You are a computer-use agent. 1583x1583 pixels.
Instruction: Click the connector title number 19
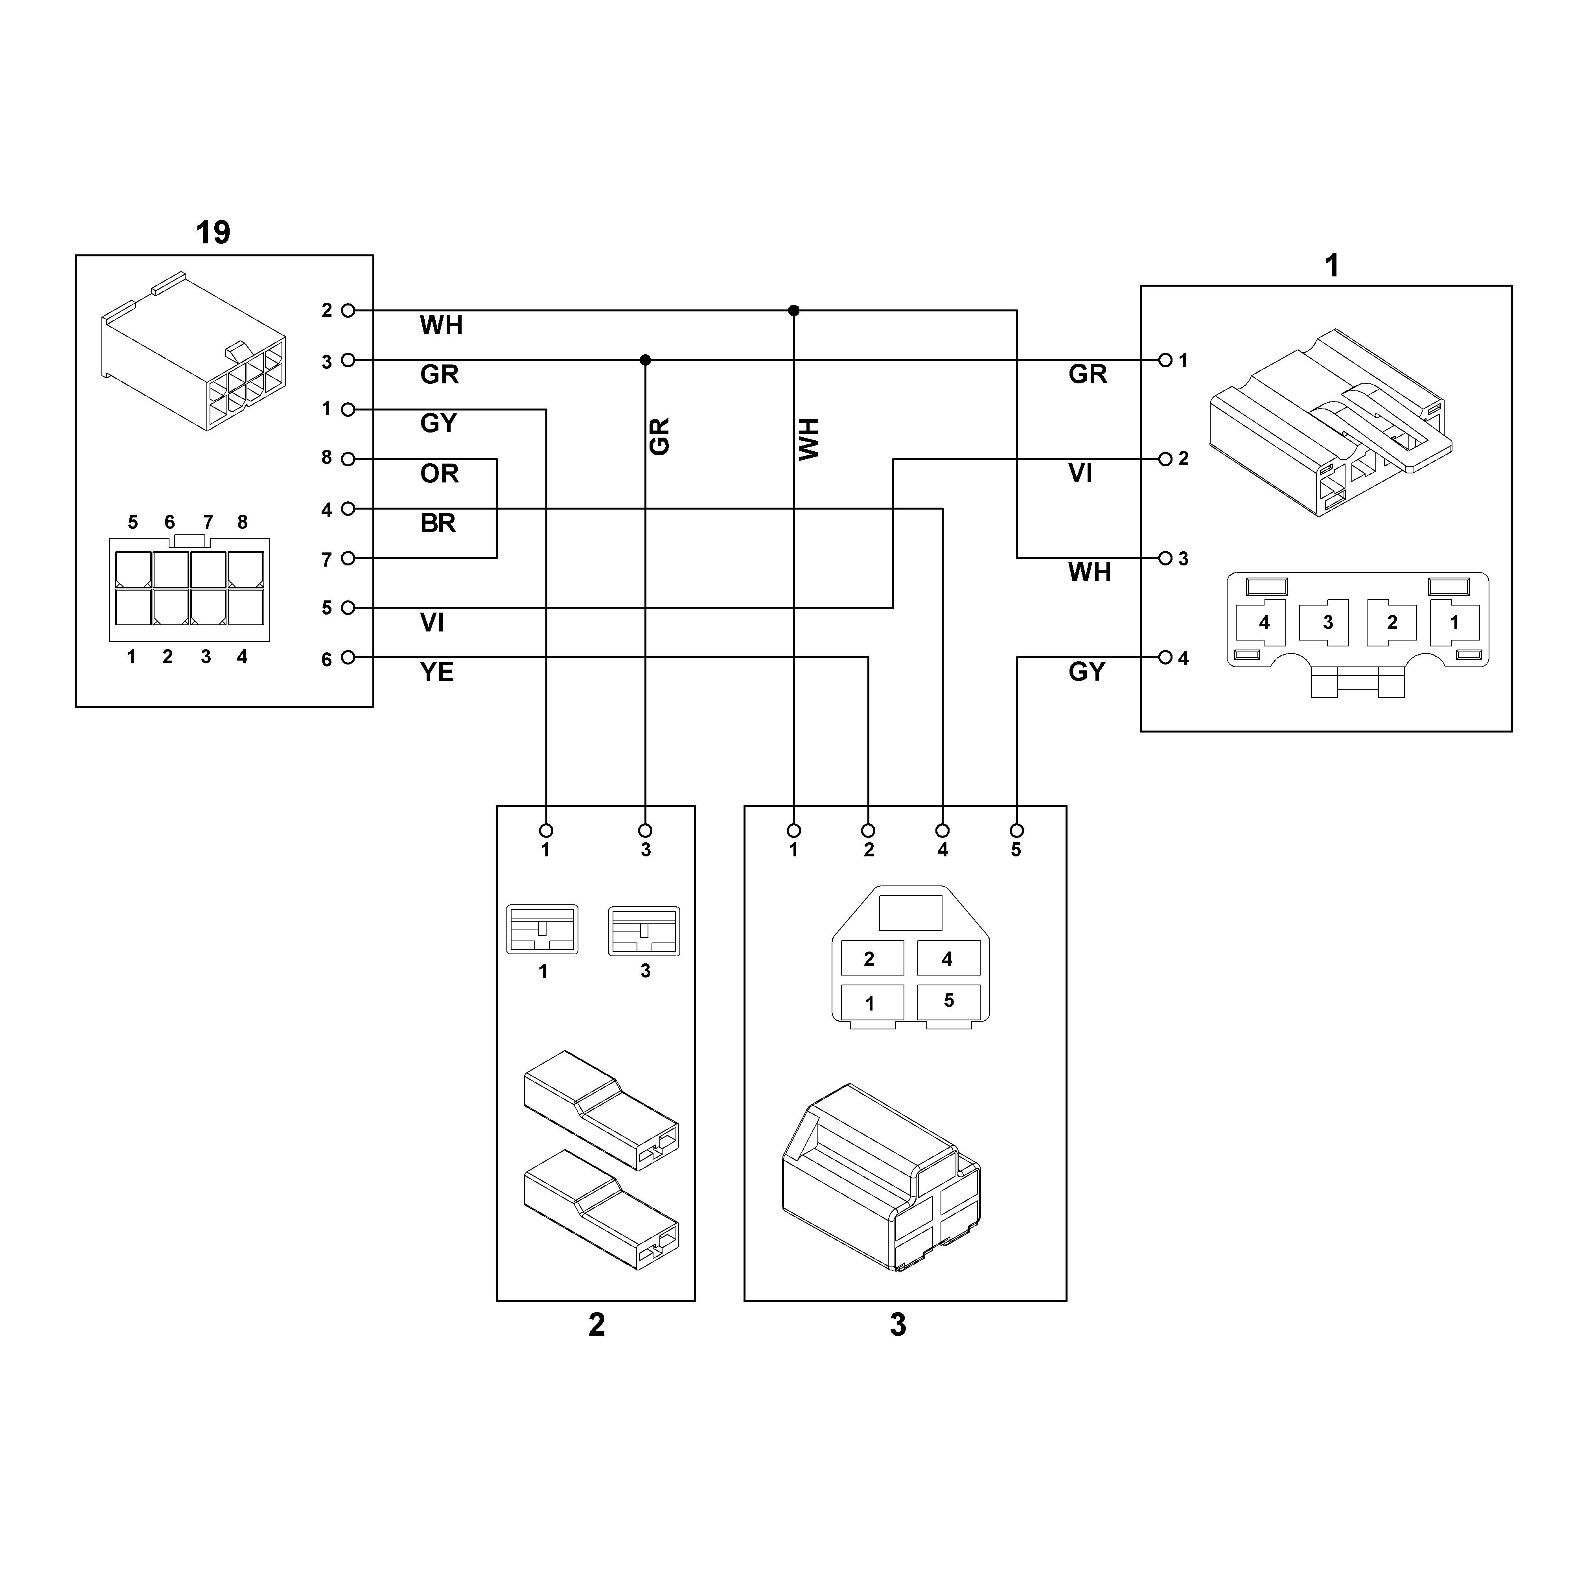[x=213, y=233]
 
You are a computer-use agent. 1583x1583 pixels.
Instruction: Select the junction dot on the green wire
[x=645, y=360]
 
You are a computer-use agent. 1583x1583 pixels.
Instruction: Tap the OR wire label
[x=439, y=473]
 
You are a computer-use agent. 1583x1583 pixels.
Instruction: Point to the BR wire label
[x=438, y=523]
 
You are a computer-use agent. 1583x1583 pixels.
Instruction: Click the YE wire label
[x=437, y=672]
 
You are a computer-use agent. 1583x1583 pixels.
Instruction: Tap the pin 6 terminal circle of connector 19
[x=348, y=657]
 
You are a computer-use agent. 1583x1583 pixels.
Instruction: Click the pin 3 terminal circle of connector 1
[x=1165, y=558]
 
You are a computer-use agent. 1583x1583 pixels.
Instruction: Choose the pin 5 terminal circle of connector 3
[x=1017, y=830]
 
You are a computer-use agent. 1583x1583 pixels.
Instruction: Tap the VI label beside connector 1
[x=1081, y=473]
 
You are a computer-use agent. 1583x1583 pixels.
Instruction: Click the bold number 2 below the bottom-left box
[x=596, y=1325]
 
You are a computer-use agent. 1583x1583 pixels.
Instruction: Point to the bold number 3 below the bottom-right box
[x=898, y=1325]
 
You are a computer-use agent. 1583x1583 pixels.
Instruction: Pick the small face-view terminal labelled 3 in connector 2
[x=644, y=931]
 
